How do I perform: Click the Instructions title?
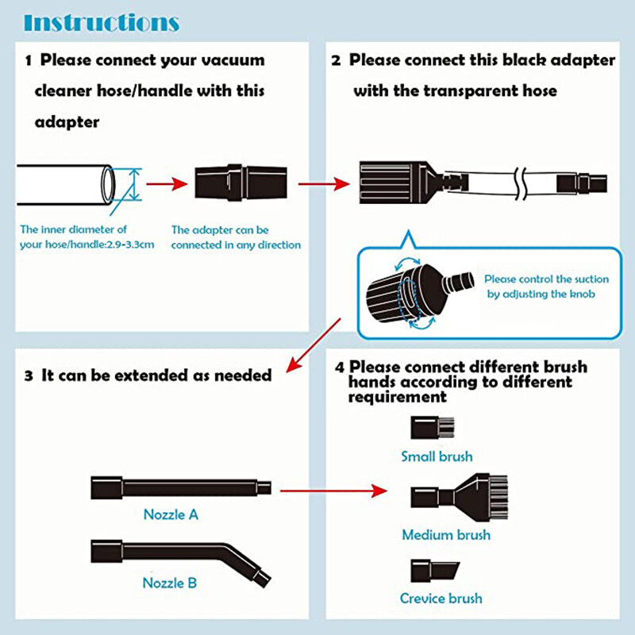102,21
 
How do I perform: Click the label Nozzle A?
171,514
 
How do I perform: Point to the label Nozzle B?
170,583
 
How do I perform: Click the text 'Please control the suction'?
547,279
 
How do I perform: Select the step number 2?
336,60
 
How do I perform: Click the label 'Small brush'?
437,456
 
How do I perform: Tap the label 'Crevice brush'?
441,598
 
